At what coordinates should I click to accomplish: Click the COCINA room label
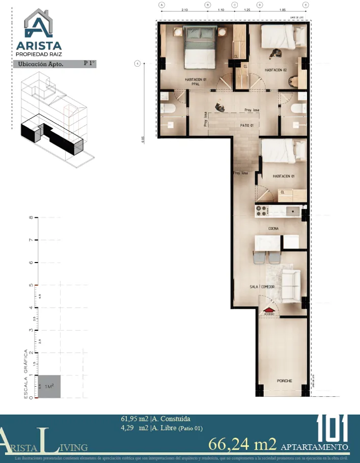coord(273,229)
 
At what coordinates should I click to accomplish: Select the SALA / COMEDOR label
coord(263,287)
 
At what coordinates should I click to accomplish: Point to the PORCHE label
coord(284,381)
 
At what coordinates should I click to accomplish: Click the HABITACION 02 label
coord(276,70)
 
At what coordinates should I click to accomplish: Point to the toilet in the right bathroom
coord(296,108)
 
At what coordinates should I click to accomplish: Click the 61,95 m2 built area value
coord(134,419)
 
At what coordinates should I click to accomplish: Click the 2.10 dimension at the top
coord(184,10)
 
